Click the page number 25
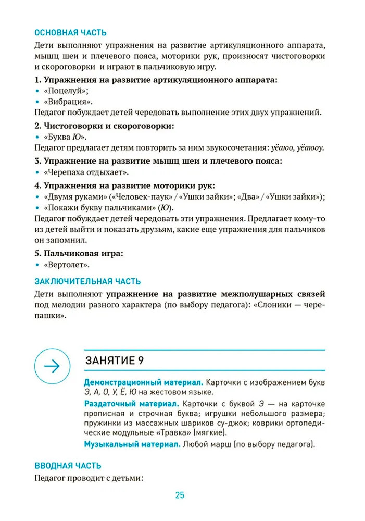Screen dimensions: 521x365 (180, 495)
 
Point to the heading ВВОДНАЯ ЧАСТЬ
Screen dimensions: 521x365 (68, 465)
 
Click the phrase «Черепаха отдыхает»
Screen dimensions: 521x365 (86, 172)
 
